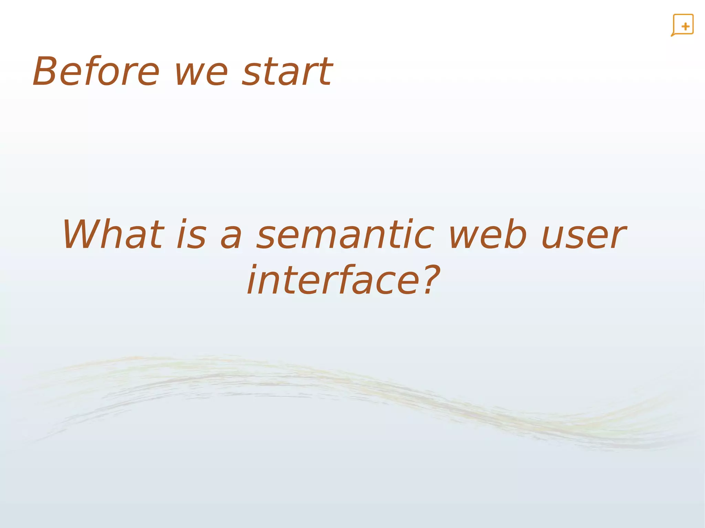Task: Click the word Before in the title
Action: click(x=96, y=72)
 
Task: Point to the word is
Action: click(x=191, y=235)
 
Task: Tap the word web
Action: click(x=488, y=235)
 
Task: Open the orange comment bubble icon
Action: click(x=683, y=25)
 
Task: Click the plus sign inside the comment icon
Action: click(x=685, y=26)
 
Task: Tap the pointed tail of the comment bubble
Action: click(x=672, y=35)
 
